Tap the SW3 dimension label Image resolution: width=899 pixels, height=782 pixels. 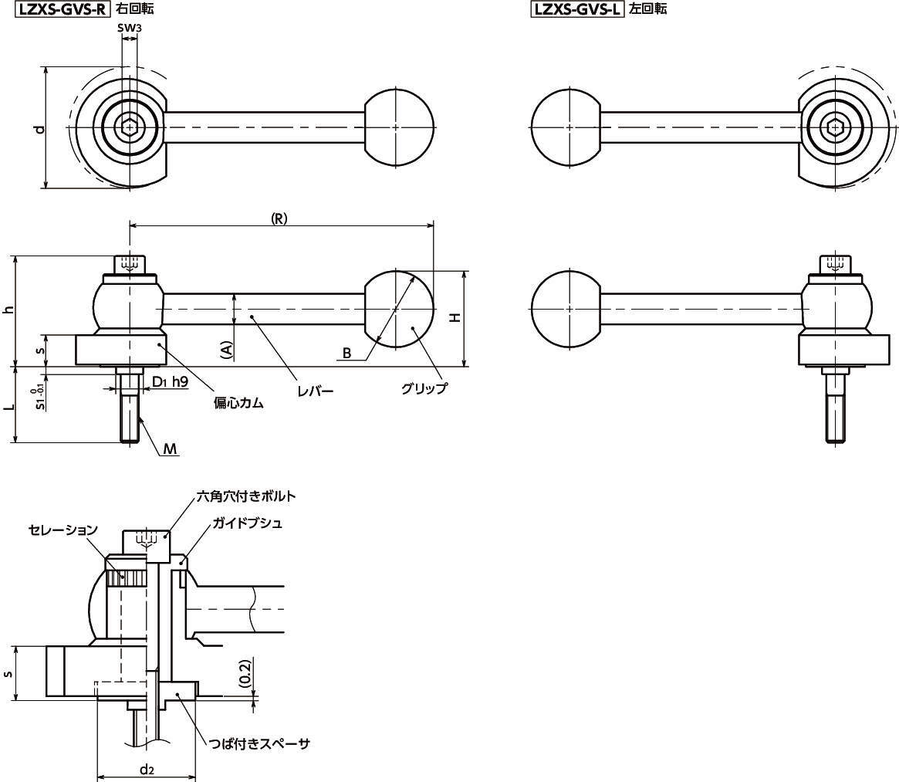click(x=129, y=29)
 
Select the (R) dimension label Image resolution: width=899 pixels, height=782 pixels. click(x=279, y=218)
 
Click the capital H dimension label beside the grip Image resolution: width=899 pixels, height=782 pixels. click(x=455, y=317)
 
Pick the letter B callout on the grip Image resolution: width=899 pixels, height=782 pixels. click(x=347, y=354)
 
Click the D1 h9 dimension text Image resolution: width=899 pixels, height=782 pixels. click(x=170, y=381)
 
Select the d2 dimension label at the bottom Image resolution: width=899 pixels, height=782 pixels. click(x=147, y=769)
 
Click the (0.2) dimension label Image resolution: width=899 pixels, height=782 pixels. click(x=244, y=674)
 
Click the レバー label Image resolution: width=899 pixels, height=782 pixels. click(x=316, y=391)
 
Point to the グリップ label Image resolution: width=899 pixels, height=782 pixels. click(x=424, y=388)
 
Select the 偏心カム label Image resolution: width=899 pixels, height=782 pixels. click(x=238, y=403)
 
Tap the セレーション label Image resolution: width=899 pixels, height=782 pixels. click(x=63, y=530)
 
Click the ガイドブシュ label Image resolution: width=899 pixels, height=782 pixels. click(x=247, y=523)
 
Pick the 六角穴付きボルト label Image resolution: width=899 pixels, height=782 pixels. click(x=247, y=496)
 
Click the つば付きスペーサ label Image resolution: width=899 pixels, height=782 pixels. click(x=259, y=743)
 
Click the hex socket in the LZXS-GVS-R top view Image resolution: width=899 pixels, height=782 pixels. click(x=129, y=127)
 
